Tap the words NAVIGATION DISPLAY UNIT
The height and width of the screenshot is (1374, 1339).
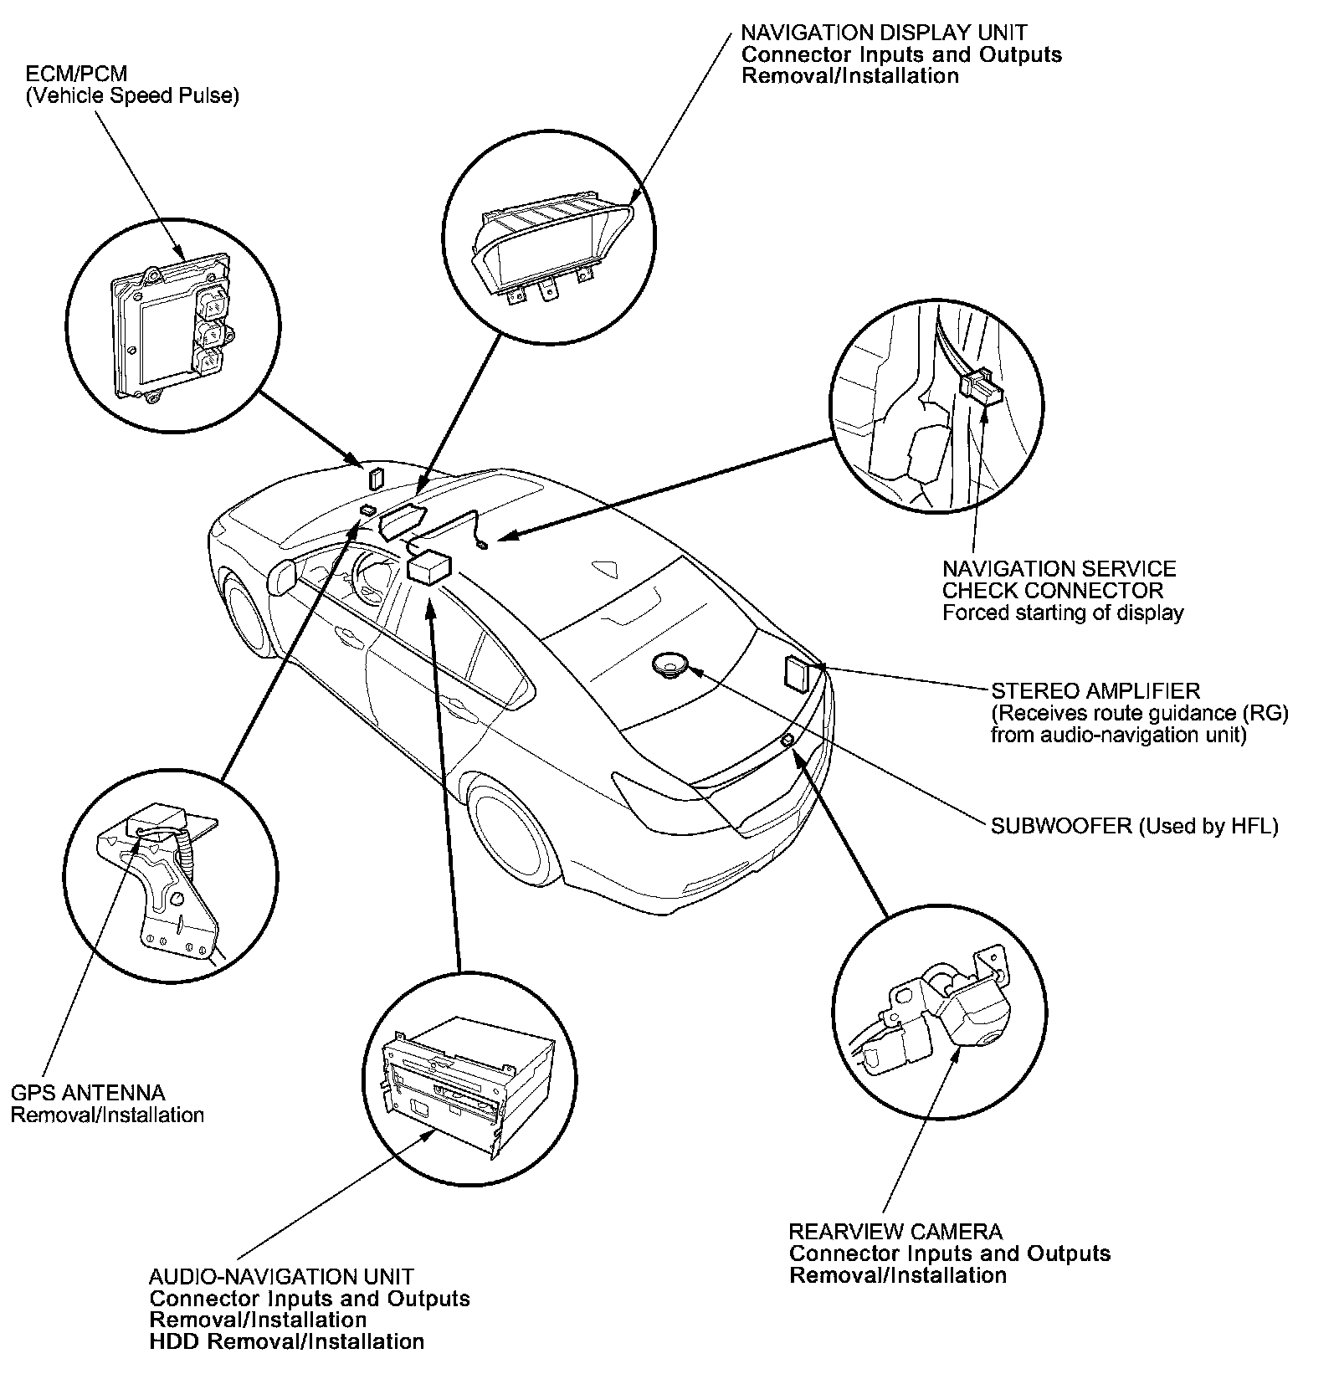(884, 33)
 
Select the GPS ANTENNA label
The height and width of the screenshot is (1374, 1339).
(88, 1093)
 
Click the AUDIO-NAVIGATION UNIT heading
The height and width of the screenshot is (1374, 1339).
(281, 1277)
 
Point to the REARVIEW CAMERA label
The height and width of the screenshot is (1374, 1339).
(895, 1232)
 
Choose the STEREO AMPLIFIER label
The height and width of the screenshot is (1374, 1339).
(1095, 691)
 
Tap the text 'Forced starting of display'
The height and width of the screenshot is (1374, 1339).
(1063, 613)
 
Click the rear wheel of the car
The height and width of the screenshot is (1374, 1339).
(510, 828)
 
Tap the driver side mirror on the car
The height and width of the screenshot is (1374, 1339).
(282, 576)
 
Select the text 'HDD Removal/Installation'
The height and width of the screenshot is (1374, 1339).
(286, 1342)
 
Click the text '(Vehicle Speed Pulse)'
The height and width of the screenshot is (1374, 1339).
(132, 96)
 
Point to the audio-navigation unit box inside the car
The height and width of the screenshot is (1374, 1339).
(429, 567)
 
